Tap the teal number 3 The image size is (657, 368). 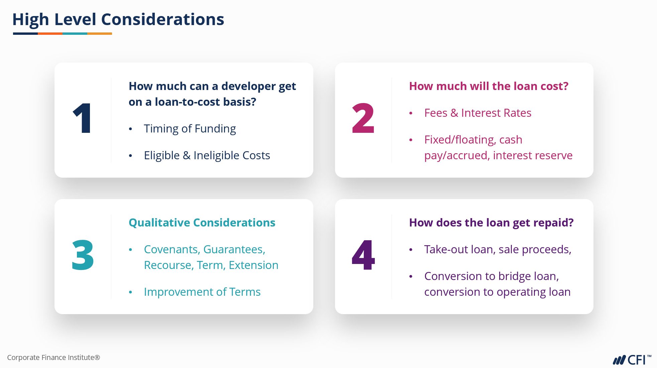83,255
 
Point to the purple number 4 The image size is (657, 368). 363,255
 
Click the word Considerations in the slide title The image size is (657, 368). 162,19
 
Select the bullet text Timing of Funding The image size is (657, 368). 190,129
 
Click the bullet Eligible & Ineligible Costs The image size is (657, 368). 207,156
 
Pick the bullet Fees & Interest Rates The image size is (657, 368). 478,113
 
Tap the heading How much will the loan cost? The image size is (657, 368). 489,86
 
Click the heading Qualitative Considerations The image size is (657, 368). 202,223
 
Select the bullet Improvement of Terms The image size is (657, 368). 202,292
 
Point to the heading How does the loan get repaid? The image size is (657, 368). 491,223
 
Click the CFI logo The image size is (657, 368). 632,360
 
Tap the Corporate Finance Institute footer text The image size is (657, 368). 53,358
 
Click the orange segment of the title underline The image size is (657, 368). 50,33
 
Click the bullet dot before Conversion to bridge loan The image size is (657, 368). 411,277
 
